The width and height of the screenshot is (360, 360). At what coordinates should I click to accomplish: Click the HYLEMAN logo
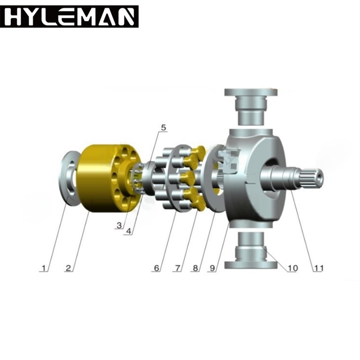coord(69,17)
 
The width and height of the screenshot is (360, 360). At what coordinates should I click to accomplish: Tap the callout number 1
coord(43,268)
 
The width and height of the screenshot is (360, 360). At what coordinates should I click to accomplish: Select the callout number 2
coord(68,268)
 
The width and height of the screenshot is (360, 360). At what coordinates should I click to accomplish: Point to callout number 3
coord(119,225)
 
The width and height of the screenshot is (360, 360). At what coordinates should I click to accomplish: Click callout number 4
coord(129,231)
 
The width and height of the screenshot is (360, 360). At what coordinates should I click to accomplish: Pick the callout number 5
coord(163,128)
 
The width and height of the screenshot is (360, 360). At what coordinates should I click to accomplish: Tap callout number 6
coord(156,268)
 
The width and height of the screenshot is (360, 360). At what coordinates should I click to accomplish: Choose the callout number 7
coord(178,268)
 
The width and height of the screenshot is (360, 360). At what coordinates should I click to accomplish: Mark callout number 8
coord(195,268)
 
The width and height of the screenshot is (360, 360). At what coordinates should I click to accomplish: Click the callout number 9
coord(213,268)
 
